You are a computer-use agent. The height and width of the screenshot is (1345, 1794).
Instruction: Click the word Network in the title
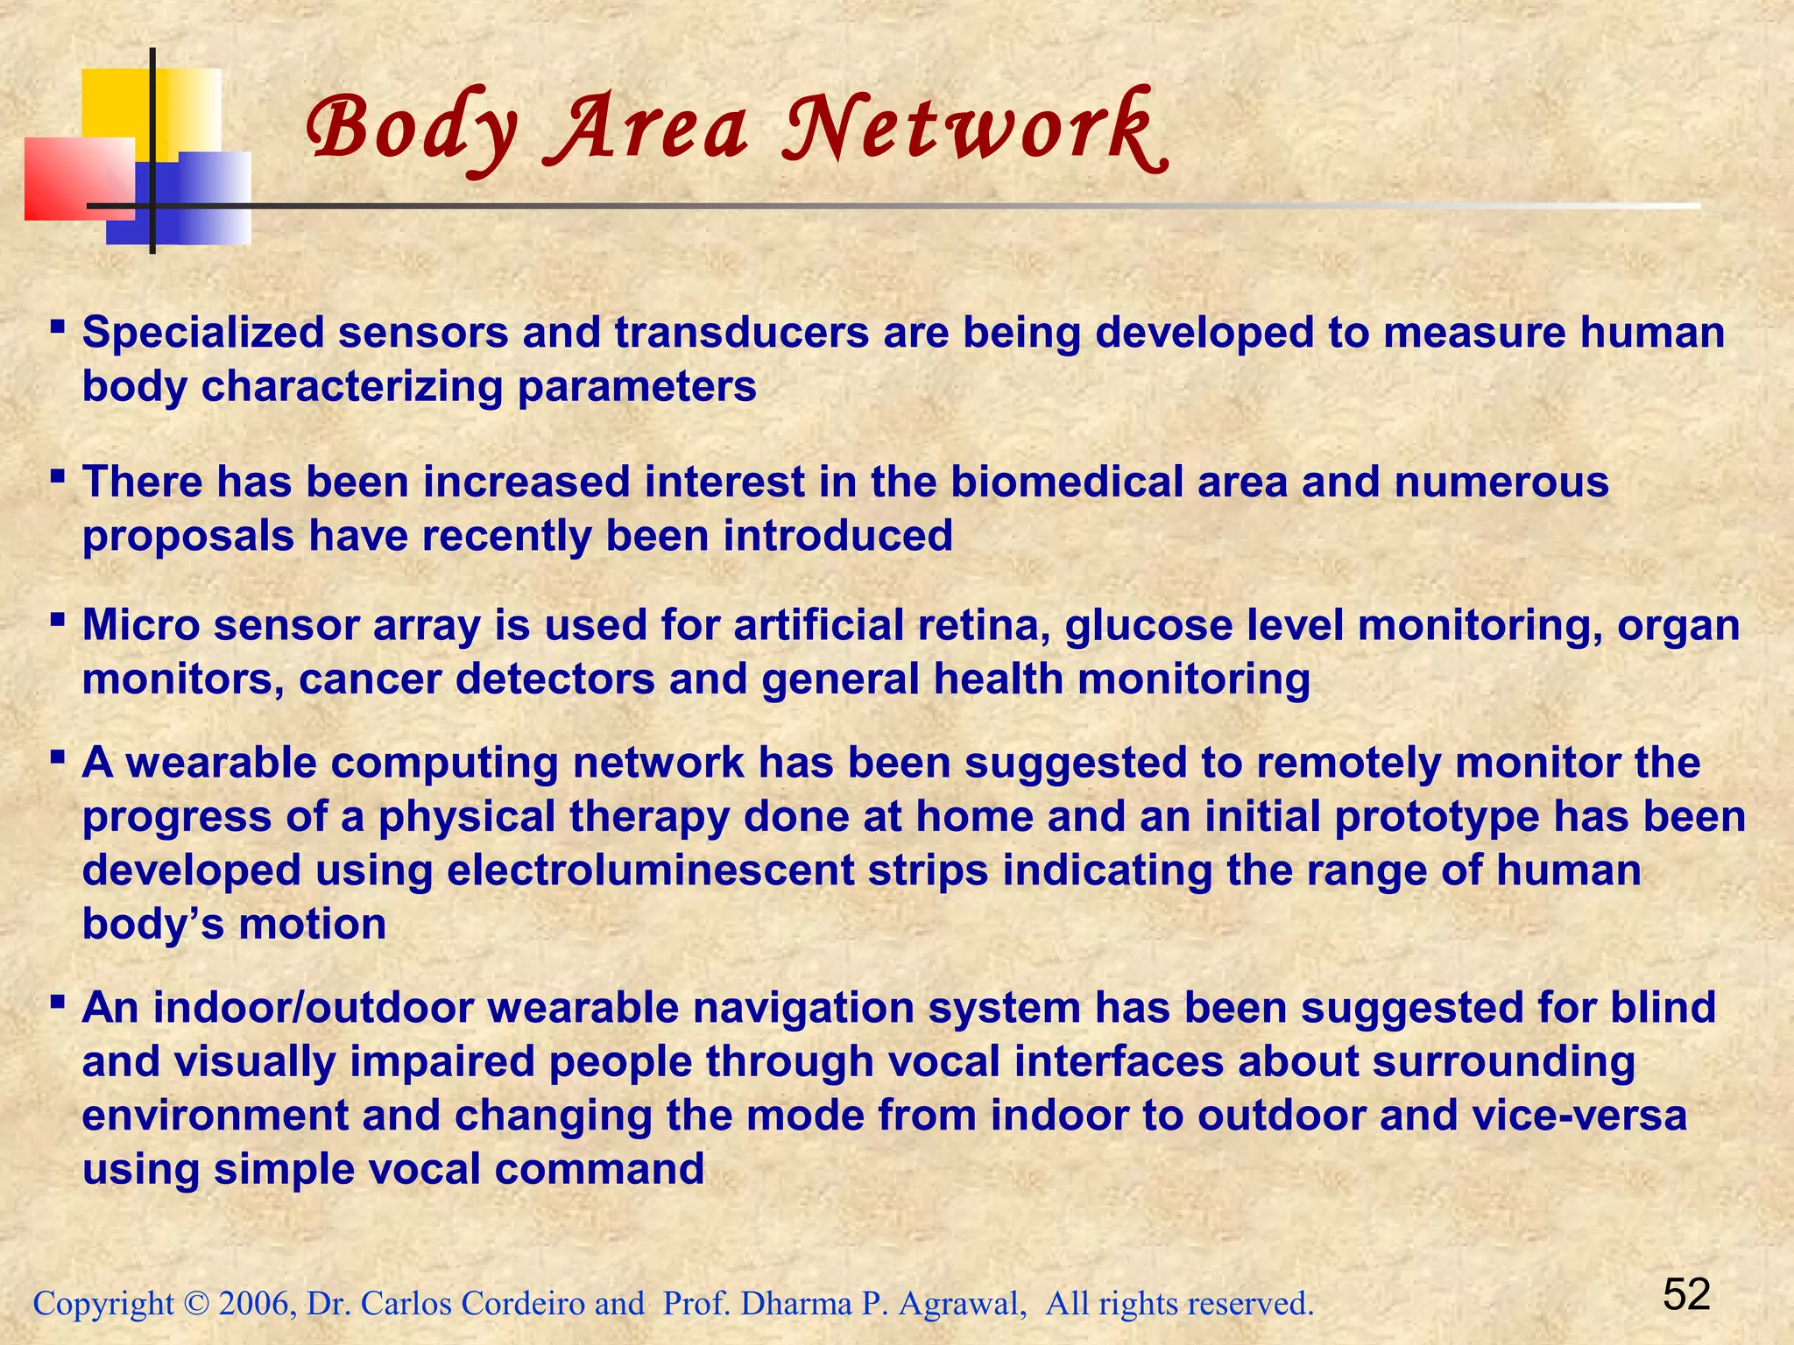(972, 130)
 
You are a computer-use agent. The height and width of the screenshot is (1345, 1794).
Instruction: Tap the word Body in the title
(412, 130)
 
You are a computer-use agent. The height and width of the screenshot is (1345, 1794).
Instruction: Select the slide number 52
(1686, 1294)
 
